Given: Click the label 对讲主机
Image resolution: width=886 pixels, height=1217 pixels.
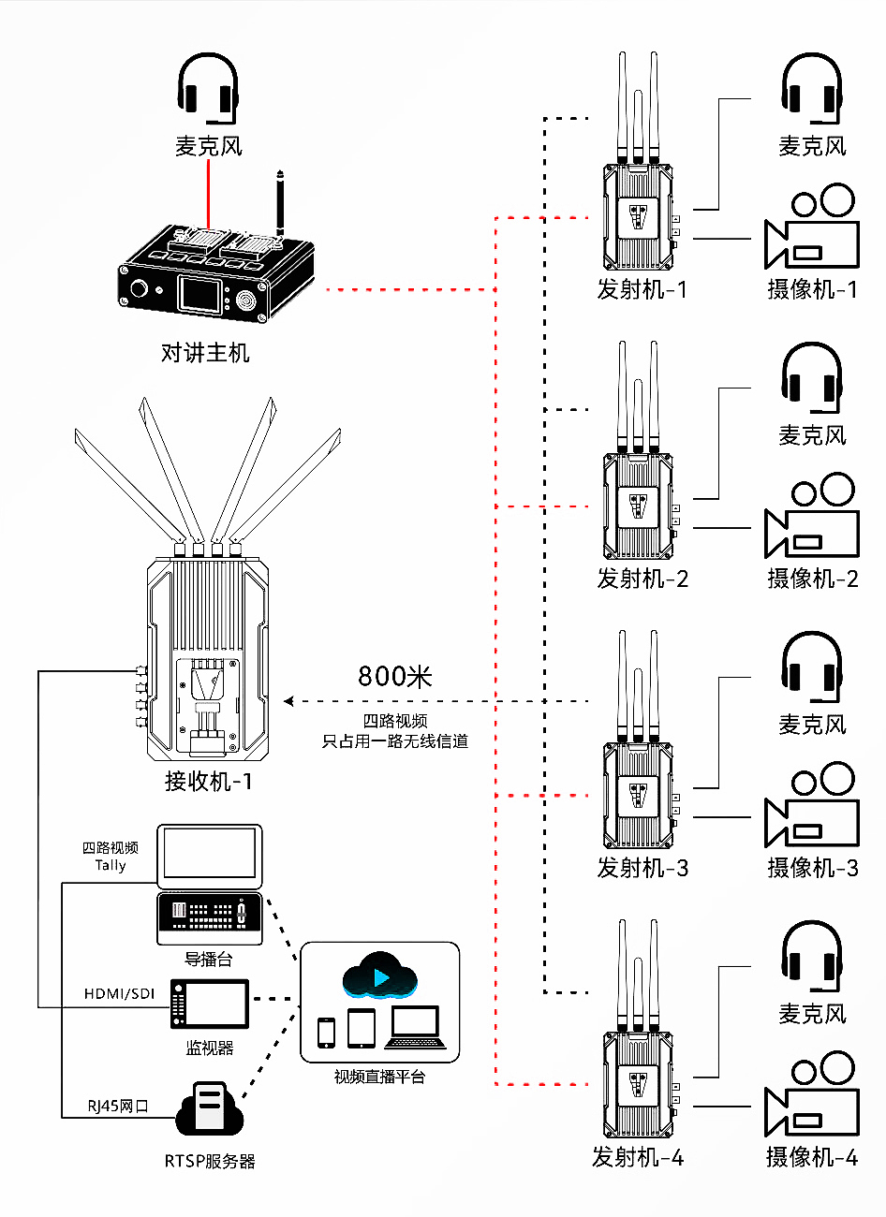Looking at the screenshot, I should coord(205,353).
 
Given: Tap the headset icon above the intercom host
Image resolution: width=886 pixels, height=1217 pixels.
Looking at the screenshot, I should coord(208,89).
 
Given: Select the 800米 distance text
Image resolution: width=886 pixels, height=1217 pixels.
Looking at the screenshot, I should coord(394,676).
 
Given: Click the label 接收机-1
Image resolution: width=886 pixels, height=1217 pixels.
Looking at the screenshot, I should coord(208,781).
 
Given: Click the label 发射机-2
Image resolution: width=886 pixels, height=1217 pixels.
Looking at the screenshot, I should coord(642,579).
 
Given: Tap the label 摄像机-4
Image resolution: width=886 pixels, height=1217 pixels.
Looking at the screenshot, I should coord(811,1157).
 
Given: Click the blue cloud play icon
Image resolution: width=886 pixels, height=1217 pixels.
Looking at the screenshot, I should coord(380,976).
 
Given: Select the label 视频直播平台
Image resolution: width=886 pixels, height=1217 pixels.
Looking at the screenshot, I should coord(380,1077).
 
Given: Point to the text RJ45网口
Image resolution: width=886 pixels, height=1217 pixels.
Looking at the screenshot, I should coord(118,1106).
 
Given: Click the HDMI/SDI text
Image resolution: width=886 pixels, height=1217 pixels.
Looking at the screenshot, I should coord(119,993).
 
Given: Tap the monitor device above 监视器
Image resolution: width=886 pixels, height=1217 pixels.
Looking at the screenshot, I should coord(210,1005).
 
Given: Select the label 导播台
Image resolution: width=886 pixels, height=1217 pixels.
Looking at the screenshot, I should coord(208,959).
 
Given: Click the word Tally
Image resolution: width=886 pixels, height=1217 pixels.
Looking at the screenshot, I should coord(110,865).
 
